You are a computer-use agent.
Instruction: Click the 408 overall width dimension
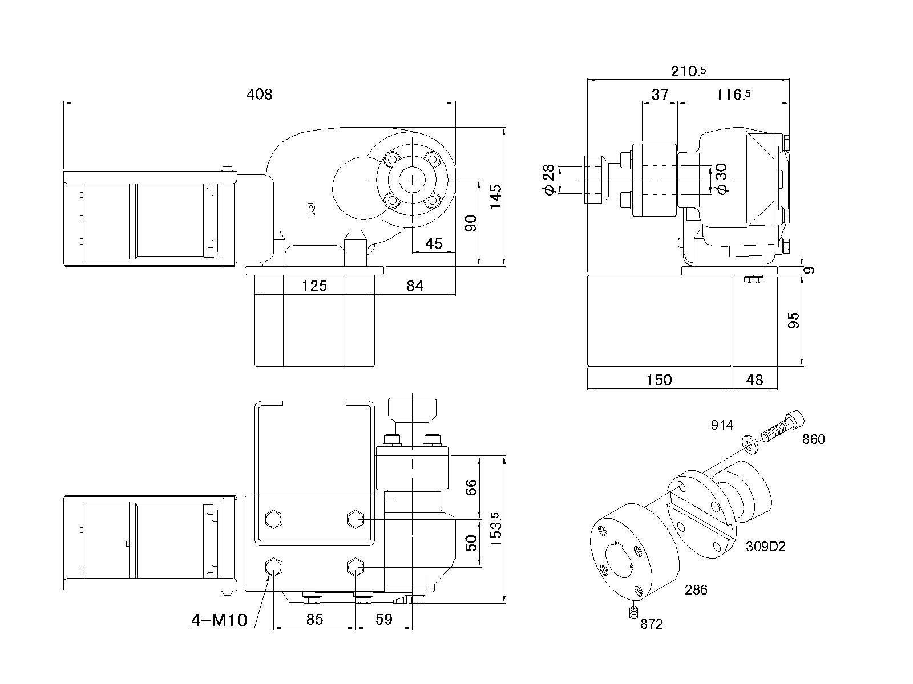pyautogui.click(x=260, y=94)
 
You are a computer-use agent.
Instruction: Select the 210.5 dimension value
pyautogui.click(x=688, y=71)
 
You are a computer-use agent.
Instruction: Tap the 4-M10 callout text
pyautogui.click(x=219, y=620)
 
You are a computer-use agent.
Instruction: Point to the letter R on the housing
pyautogui.click(x=311, y=209)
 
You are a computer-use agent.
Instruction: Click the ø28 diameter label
pyautogui.click(x=549, y=180)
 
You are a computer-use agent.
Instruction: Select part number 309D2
pyautogui.click(x=766, y=547)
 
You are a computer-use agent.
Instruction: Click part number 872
pyautogui.click(x=652, y=624)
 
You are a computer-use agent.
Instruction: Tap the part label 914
pyautogui.click(x=722, y=425)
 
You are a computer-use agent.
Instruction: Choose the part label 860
pyautogui.click(x=813, y=439)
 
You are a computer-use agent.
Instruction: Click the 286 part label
pyautogui.click(x=696, y=590)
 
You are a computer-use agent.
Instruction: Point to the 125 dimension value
pyautogui.click(x=314, y=286)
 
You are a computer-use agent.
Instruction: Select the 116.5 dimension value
pyautogui.click(x=733, y=94)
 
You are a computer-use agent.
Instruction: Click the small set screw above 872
pyautogui.click(x=632, y=613)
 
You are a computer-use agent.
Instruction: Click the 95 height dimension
pyautogui.click(x=793, y=320)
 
